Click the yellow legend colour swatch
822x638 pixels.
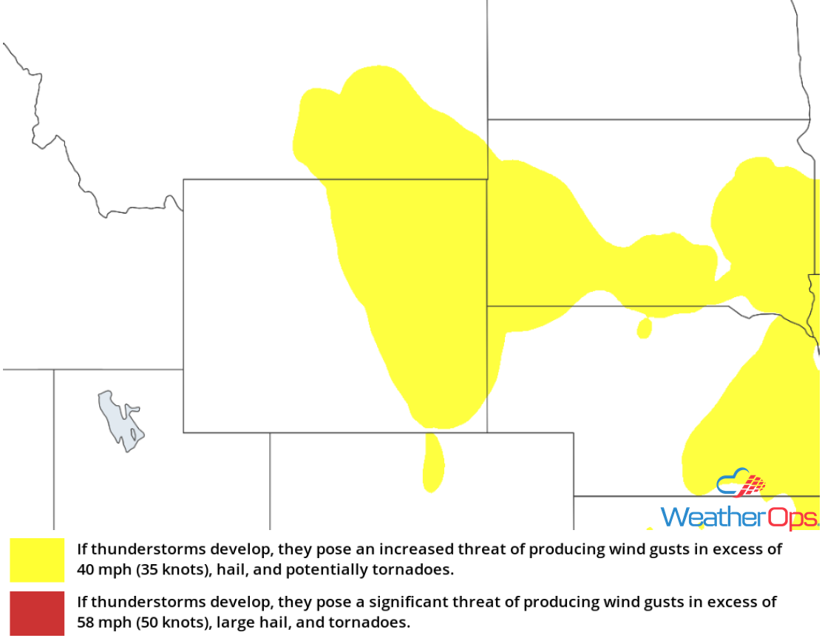coord(37,560)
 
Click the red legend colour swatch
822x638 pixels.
coord(37,613)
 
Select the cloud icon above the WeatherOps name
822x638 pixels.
coord(740,483)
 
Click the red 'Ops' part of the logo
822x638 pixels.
coord(793,516)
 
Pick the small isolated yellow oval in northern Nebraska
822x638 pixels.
coord(644,328)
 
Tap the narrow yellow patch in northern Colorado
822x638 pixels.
coord(433,463)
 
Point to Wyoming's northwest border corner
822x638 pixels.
coord(183,179)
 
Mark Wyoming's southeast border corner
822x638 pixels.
coord(486,432)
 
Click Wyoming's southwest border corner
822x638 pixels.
coord(183,432)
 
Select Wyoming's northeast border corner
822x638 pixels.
coord(487,179)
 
